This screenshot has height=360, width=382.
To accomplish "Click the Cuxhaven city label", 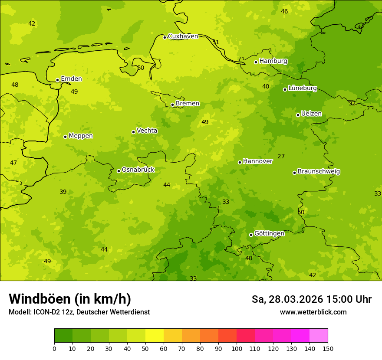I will coord(183,36).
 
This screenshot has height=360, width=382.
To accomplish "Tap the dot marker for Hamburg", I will coord(256,62).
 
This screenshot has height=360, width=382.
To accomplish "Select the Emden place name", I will coord(71,79).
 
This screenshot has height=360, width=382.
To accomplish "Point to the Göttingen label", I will coord(269,234).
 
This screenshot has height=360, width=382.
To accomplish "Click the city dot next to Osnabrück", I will coord(119,171).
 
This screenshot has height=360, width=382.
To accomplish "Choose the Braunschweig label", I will coord(319,172).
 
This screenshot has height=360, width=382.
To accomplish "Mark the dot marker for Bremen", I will coord(172,105).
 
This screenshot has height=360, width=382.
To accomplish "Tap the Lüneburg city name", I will coord(302,88).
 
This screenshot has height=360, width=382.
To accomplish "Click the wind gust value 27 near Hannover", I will coord(281,157).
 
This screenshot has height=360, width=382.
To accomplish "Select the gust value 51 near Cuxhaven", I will coord(216,43).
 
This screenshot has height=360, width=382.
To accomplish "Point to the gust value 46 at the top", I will coord(284,12).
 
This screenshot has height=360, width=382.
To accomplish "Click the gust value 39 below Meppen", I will coord(63,192).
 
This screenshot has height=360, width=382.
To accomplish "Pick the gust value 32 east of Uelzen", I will coord(352,103).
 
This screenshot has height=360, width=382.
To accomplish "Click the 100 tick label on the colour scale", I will coord(237,348).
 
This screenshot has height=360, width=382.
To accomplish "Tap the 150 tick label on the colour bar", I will coord(328,348).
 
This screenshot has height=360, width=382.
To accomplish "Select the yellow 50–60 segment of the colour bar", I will coord(155,336).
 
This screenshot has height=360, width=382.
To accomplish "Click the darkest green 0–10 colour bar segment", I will coord(63,336).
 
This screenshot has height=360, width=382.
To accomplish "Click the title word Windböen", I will coord(40,299).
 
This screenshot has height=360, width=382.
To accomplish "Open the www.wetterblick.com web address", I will coord(313,312).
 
